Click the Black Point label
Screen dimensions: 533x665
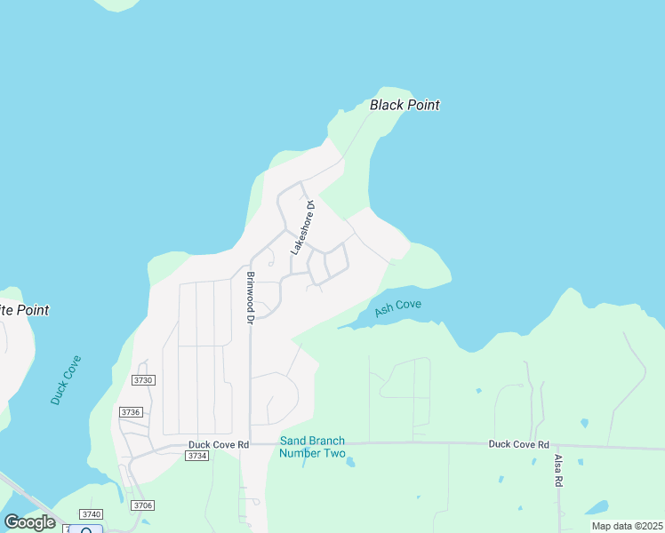tap(405, 105)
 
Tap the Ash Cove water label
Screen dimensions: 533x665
tap(397, 307)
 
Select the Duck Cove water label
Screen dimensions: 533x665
tap(66, 380)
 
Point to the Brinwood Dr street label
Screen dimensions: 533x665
tap(251, 297)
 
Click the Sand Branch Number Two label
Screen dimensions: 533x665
tap(312, 447)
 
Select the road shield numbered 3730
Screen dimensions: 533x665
tap(143, 379)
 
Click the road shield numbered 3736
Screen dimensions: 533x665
tap(131, 412)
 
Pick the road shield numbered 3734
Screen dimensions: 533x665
tap(197, 456)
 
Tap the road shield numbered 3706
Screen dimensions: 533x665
tap(142, 505)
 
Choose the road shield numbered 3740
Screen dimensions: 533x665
tap(91, 514)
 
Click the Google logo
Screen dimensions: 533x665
tap(29, 522)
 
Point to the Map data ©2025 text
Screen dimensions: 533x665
tap(626, 526)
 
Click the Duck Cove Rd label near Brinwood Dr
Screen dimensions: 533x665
tap(218, 444)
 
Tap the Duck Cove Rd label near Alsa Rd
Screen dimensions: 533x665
tap(518, 444)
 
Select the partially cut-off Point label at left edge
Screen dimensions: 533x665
tap(24, 310)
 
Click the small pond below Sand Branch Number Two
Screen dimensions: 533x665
tap(350, 463)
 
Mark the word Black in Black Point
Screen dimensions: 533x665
tap(387, 105)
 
